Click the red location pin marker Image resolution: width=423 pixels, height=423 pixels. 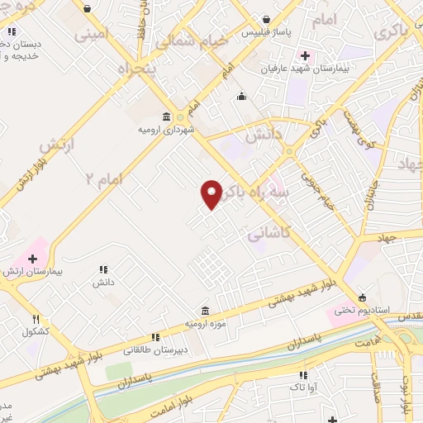(212, 193)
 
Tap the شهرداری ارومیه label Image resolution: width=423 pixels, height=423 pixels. (167, 130)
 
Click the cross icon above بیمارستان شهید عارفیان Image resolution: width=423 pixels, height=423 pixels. (305, 56)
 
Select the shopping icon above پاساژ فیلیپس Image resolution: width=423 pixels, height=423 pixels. (266, 19)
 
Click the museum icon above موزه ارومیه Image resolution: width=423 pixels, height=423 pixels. (205, 311)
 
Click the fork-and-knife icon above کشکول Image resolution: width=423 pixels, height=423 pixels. (36, 320)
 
